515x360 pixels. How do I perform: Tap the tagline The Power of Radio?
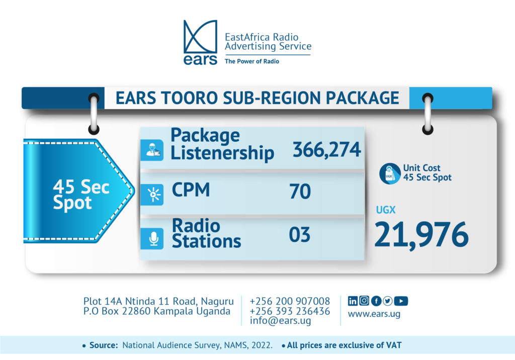252,61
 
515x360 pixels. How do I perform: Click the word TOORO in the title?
189,98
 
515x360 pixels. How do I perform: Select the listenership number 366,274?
327,149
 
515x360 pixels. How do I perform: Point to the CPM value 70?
300,192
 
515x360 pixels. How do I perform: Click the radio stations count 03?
300,235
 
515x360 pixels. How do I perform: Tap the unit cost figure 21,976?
421,234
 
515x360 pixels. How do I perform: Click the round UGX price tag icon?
390,173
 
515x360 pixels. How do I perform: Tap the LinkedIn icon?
353,301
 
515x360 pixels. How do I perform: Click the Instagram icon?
364,301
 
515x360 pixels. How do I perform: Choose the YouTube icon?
401,301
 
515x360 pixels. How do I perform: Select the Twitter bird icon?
388,301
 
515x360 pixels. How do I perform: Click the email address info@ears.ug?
280,321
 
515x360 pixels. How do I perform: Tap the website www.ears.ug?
374,314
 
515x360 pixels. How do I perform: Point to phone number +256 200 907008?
290,301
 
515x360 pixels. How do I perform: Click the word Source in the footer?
103,345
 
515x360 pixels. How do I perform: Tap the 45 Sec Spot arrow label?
79,191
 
